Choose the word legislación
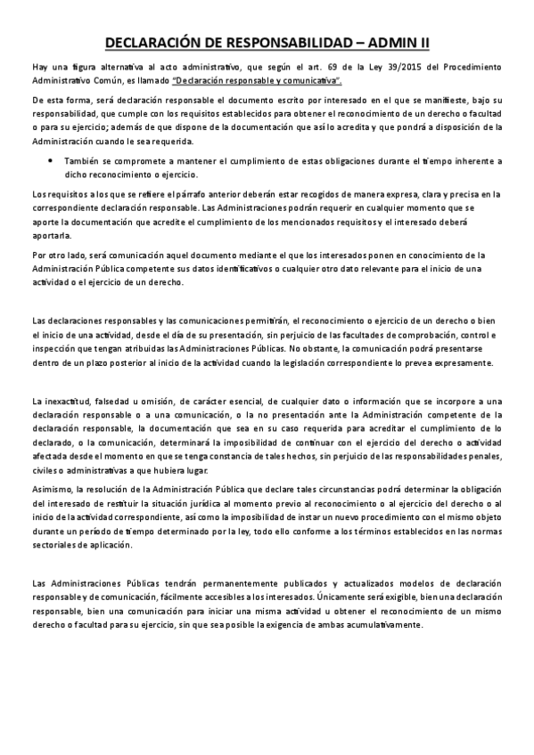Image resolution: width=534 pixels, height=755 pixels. coord(329,362)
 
